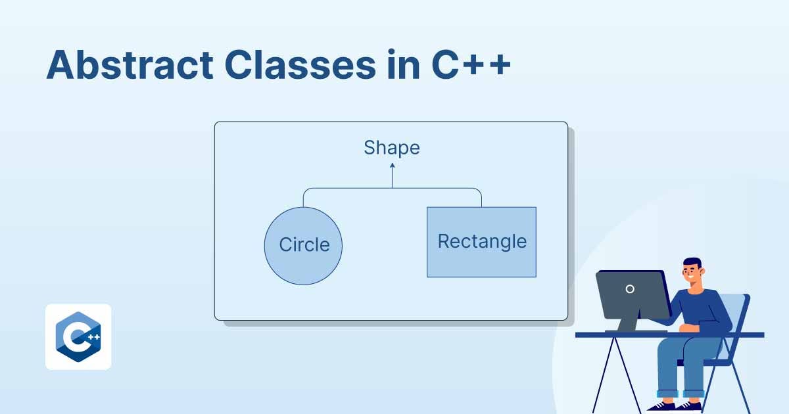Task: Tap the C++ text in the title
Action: (471, 66)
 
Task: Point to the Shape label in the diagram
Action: (392, 148)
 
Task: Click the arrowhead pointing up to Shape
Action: (393, 168)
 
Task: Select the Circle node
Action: (303, 245)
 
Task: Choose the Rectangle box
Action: (481, 242)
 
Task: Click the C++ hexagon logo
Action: (78, 337)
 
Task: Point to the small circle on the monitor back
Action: (630, 288)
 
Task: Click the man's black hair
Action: (692, 262)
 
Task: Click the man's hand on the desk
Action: (684, 327)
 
